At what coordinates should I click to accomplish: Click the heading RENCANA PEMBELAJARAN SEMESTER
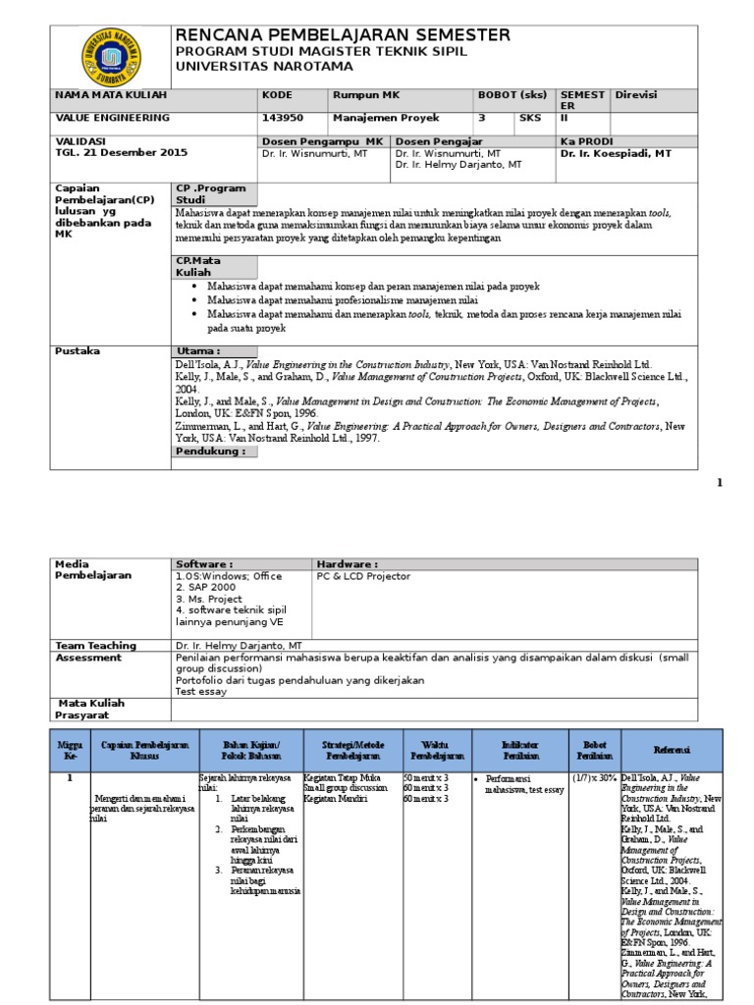tap(343, 35)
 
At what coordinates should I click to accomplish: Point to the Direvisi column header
tap(635, 94)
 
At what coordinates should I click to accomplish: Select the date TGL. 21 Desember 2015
tap(122, 153)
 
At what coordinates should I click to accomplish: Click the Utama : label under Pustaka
tap(198, 351)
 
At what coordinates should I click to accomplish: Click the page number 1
tap(719, 482)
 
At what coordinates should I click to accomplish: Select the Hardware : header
tap(347, 564)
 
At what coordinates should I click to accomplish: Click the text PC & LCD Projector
tap(363, 577)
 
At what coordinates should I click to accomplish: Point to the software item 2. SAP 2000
tap(209, 587)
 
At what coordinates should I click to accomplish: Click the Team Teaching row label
tap(95, 646)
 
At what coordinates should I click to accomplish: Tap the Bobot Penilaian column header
tap(596, 750)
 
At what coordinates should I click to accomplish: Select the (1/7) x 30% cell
tap(595, 778)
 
